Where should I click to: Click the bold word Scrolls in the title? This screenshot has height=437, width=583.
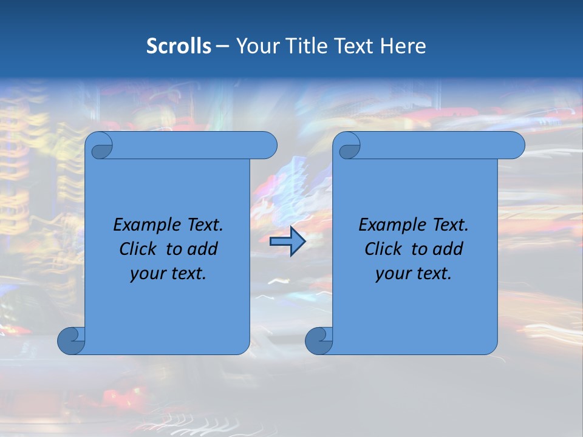[x=179, y=46]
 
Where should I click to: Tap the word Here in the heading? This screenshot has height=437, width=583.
[x=403, y=46]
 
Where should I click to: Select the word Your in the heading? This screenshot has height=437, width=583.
[x=257, y=46]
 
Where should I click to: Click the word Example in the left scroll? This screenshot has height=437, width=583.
[x=143, y=225]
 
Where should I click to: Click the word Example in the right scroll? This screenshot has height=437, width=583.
[x=389, y=225]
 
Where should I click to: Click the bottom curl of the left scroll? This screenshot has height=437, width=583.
[x=71, y=340]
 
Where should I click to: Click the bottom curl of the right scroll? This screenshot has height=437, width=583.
[x=319, y=340]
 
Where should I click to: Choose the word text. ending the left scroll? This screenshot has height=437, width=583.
[x=186, y=274]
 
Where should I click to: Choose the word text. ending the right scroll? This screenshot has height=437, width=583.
[x=432, y=274]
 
